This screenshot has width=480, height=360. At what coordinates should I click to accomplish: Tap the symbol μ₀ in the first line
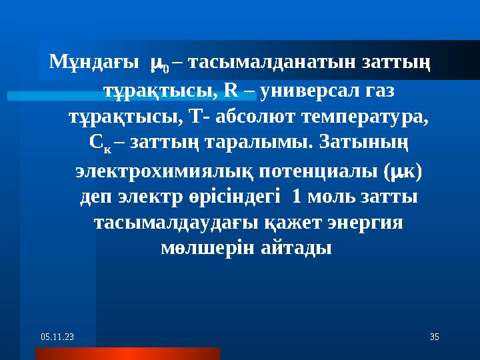click(x=160, y=65)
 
